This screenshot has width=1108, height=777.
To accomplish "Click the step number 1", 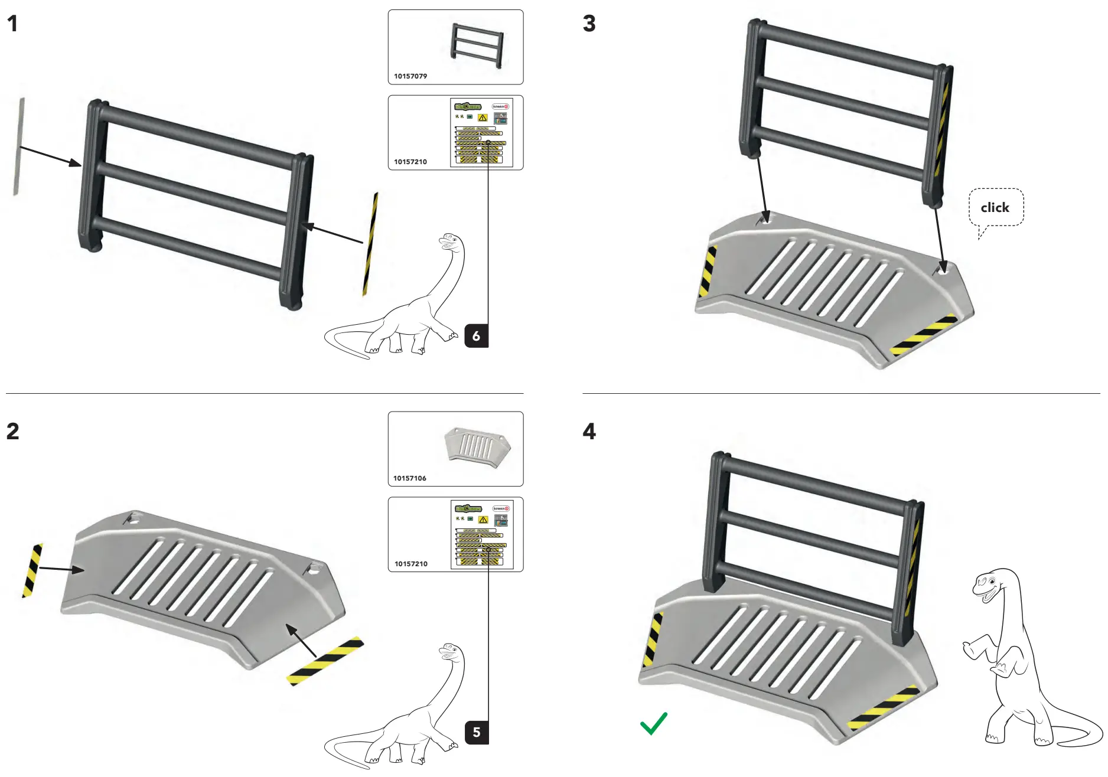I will (x=12, y=24).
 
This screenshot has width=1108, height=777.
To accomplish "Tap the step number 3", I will (x=589, y=24).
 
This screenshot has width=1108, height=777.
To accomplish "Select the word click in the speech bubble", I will (x=995, y=208).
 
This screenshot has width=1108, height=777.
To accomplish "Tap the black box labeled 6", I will (x=476, y=336).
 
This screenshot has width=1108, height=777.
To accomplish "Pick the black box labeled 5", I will (x=476, y=732).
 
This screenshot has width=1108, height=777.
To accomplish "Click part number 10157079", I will (x=410, y=76).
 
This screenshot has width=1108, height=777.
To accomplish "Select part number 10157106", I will (x=410, y=478).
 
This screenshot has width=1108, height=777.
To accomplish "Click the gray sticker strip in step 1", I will (x=19, y=147).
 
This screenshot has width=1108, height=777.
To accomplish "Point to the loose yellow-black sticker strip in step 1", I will (x=370, y=243).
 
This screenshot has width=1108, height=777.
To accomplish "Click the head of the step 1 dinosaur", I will (x=450, y=241).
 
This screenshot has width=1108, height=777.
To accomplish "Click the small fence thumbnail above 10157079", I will (x=477, y=45).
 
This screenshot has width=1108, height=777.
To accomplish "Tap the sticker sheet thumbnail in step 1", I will (x=481, y=132).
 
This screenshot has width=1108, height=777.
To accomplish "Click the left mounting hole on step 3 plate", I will (x=767, y=219).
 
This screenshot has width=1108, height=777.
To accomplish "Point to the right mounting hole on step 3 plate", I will (x=943, y=269).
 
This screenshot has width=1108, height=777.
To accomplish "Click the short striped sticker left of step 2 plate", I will (x=32, y=570).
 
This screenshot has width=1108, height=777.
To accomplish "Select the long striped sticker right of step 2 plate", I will (x=325, y=661).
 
